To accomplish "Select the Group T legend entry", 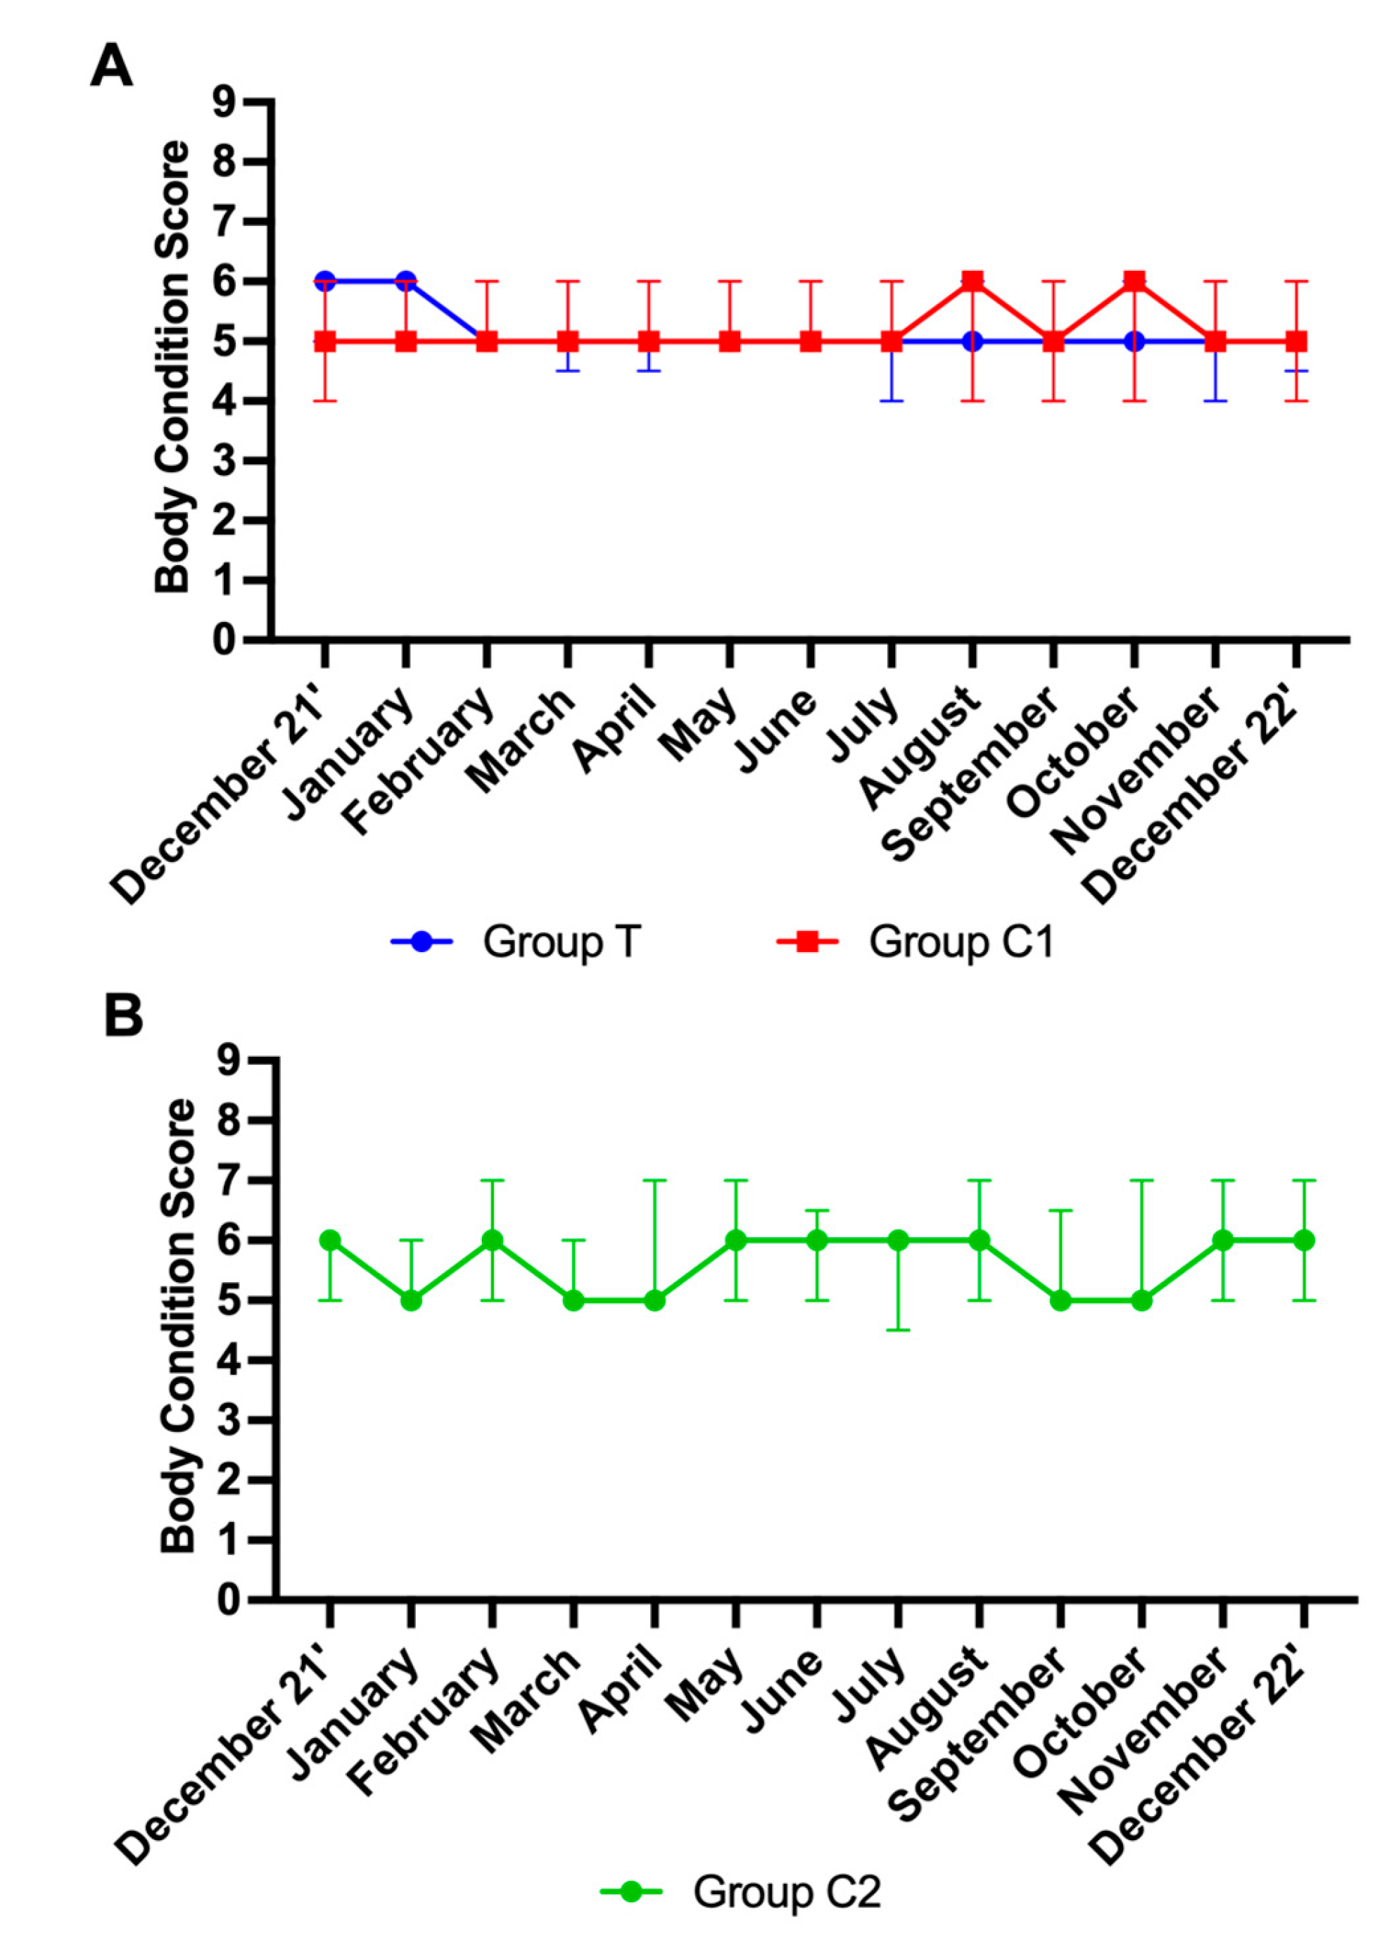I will tap(516, 942).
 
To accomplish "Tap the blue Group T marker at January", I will tap(405, 281).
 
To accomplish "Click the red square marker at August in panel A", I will tap(972, 281).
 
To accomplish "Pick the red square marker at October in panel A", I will tap(1134, 281).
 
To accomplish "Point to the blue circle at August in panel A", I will tap(972, 341).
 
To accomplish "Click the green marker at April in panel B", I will tap(654, 1300).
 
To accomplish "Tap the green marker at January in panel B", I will tap(411, 1300).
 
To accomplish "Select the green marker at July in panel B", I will tap(898, 1241).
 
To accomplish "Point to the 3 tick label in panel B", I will tap(232, 1421).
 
